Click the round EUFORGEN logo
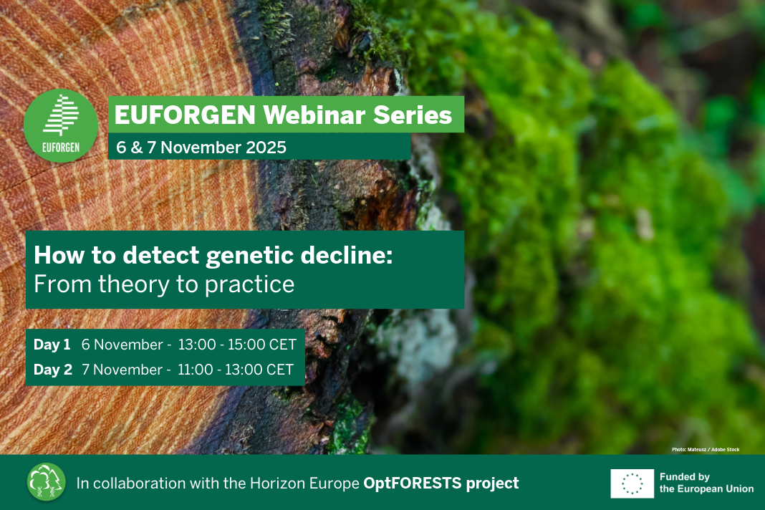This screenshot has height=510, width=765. [61, 125]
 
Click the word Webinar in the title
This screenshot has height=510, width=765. [314, 115]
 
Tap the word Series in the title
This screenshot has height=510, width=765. [413, 115]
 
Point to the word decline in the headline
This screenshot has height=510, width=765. [347, 255]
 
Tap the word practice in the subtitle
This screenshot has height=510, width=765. [249, 285]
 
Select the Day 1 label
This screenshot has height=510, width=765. [52, 345]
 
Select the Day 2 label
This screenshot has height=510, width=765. [53, 370]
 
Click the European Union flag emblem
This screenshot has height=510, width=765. [632, 483]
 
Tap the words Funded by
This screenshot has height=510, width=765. [685, 477]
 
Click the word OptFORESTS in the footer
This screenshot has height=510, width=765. [413, 483]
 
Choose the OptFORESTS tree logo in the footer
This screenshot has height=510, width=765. [47, 482]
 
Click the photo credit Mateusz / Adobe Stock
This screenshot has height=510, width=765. [713, 450]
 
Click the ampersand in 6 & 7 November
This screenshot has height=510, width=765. [137, 148]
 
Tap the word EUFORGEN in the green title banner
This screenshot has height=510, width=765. [185, 115]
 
